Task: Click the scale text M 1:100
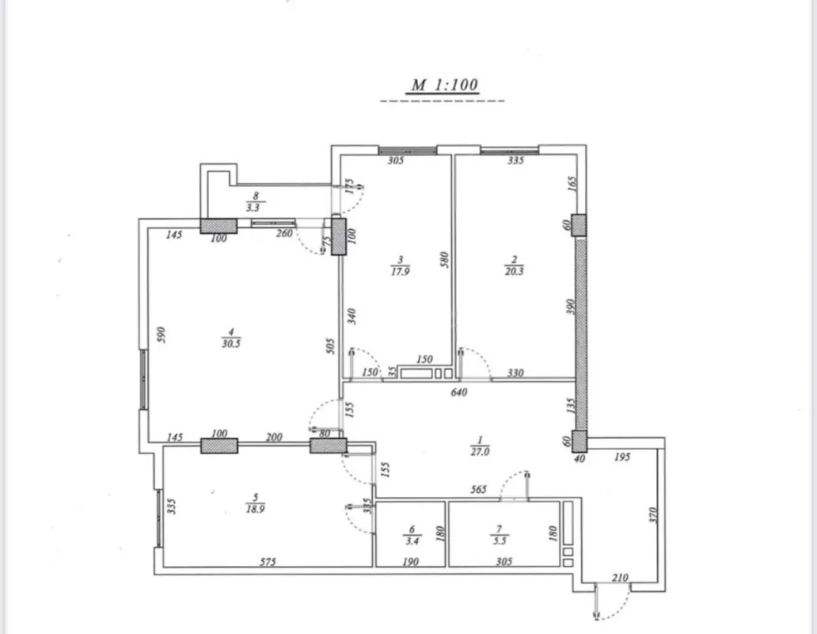444,86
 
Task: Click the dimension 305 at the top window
396,161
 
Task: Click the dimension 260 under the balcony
284,234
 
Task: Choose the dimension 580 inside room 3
444,260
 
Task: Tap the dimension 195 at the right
623,458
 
